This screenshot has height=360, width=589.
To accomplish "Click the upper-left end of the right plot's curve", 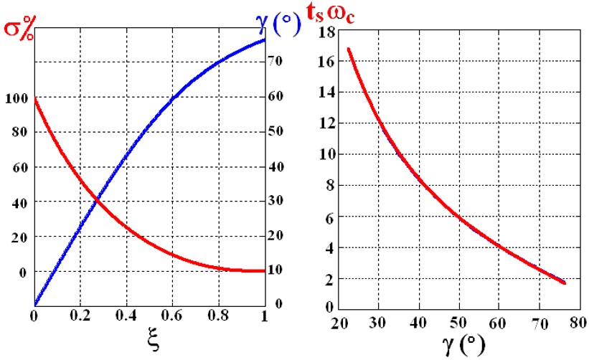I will [x=348, y=49].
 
